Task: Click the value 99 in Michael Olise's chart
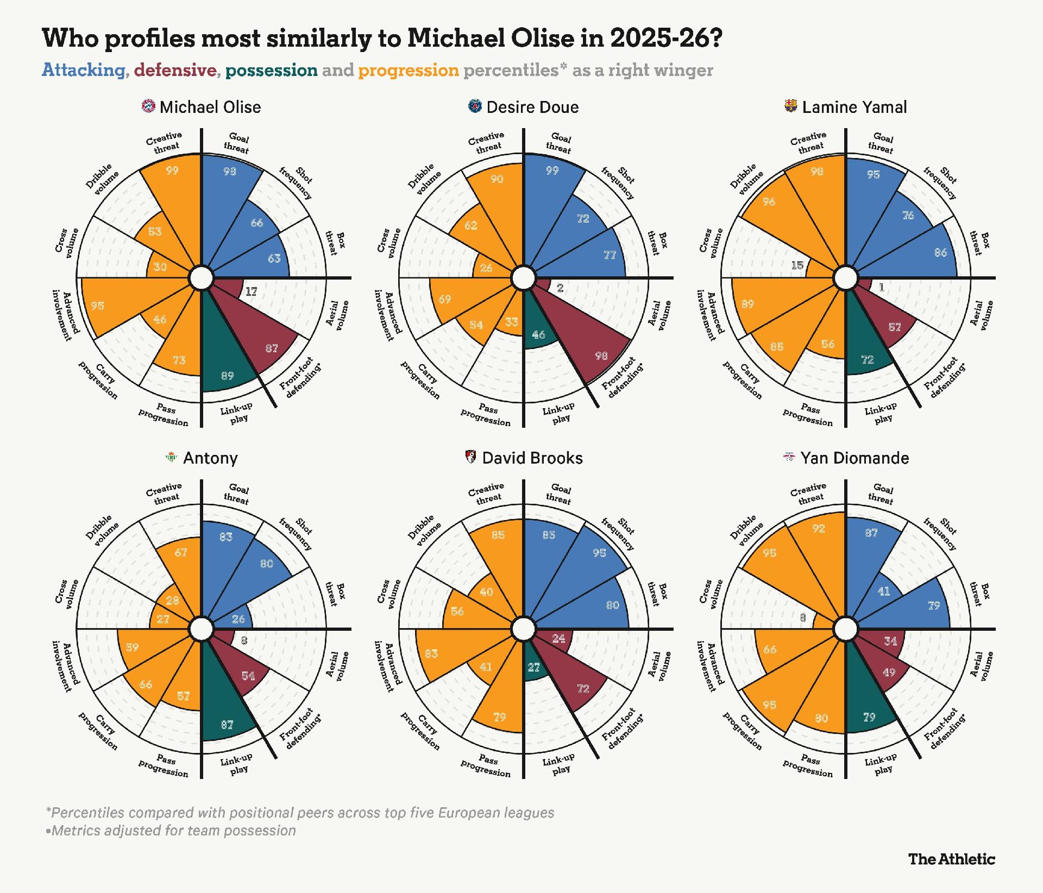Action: pos(172,170)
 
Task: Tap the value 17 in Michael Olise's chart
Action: pos(250,292)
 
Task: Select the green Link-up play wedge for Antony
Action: pos(227,706)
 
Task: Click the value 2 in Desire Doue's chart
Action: pos(560,288)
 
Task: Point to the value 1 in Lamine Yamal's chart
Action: pos(882,287)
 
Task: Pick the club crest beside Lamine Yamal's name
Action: pos(791,106)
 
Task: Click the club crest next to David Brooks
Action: pos(472,457)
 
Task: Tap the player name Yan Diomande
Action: pos(854,458)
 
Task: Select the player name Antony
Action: pos(210,458)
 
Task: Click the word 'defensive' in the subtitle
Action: pos(175,70)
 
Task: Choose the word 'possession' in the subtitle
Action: pos(272,70)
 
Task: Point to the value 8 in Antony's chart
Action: pos(244,641)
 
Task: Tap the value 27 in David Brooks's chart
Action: pos(534,667)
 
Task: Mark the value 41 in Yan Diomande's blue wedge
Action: pos(884,591)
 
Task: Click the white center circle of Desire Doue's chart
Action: pos(524,278)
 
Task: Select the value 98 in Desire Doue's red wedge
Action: pos(601,356)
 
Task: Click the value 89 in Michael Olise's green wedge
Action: pos(228,376)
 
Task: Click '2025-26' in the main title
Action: pos(666,38)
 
